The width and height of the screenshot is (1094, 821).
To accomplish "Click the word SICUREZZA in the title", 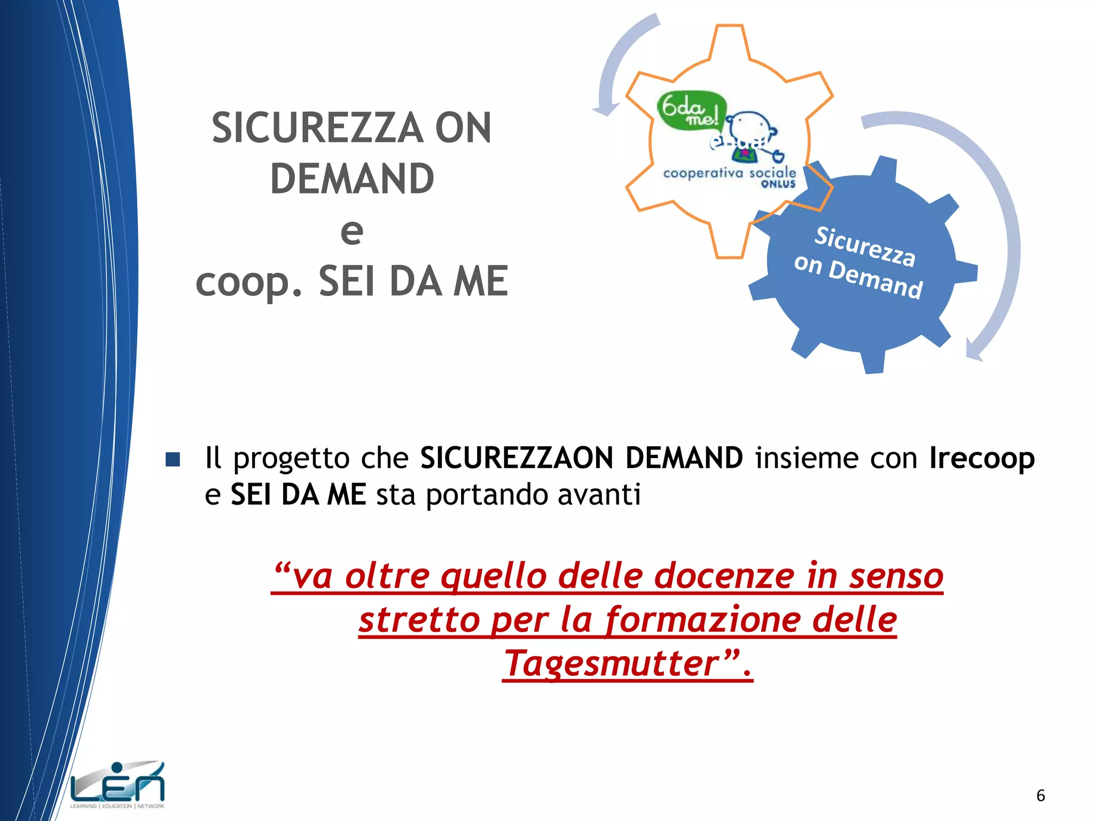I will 317,128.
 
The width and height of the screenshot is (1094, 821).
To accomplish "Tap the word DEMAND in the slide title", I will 352,179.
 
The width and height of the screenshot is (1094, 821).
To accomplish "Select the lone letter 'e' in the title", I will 352,231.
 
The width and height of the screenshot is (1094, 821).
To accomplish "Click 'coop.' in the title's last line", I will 249,282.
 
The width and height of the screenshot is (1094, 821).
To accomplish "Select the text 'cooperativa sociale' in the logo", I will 729,173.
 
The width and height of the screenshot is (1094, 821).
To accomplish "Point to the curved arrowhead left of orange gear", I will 606,110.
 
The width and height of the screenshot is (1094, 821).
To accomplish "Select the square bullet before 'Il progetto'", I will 173,459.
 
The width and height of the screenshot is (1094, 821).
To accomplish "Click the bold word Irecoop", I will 982,458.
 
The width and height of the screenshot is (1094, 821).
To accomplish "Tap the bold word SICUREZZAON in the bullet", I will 517,458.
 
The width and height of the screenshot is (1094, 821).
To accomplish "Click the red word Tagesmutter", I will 612,663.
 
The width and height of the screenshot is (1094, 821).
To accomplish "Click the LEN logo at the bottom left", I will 118,785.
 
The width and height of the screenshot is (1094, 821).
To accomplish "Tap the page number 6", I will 1040,795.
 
